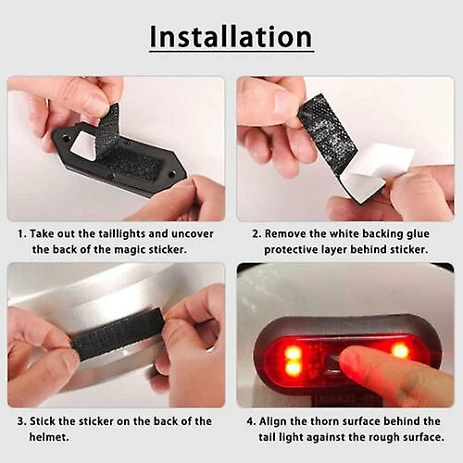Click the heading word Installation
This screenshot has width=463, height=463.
[231, 37]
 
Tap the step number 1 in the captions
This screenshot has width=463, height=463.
[21, 234]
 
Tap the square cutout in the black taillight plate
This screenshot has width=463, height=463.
[84, 144]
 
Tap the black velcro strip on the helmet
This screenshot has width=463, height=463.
[116, 335]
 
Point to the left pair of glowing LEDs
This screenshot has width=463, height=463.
[292, 359]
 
